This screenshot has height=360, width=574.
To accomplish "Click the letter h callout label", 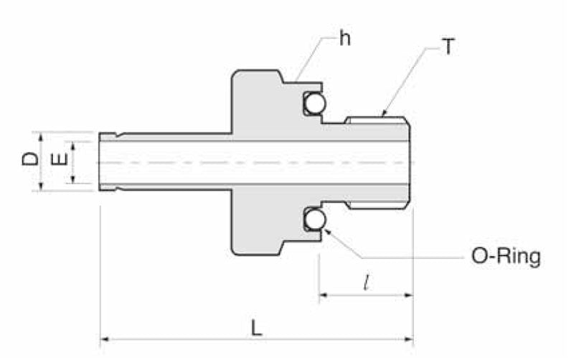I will pyautogui.click(x=345, y=39).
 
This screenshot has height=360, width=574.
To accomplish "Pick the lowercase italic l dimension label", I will pyautogui.click(x=367, y=283).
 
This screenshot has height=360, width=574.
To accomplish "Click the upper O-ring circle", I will pyautogui.click(x=314, y=105).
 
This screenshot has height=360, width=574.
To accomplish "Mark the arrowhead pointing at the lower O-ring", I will pyautogui.click(x=327, y=229).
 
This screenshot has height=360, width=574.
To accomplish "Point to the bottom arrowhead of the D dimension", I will pyautogui.click(x=42, y=186).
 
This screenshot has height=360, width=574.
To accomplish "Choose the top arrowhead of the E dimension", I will pyautogui.click(x=72, y=144).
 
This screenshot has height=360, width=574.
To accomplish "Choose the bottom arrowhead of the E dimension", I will pyautogui.click(x=72, y=179).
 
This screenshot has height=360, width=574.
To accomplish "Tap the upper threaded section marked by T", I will pyautogui.click(x=377, y=120).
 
